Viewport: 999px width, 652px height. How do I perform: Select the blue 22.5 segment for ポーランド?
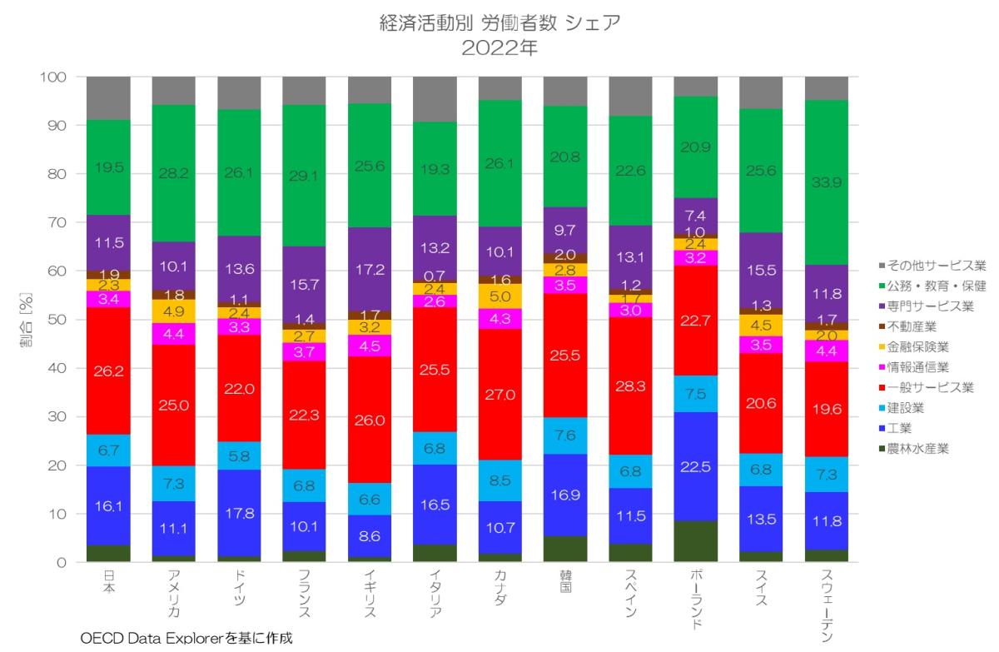[696, 466]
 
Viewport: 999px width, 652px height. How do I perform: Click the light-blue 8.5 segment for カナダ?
[500, 480]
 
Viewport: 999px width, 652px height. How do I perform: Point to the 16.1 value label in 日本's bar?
[110, 505]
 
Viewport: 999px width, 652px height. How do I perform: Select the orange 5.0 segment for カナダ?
[500, 296]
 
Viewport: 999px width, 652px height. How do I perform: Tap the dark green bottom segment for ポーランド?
[696, 542]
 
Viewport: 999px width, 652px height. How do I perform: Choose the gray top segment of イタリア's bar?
[435, 99]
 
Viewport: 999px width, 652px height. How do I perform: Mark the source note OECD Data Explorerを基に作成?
[187, 639]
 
